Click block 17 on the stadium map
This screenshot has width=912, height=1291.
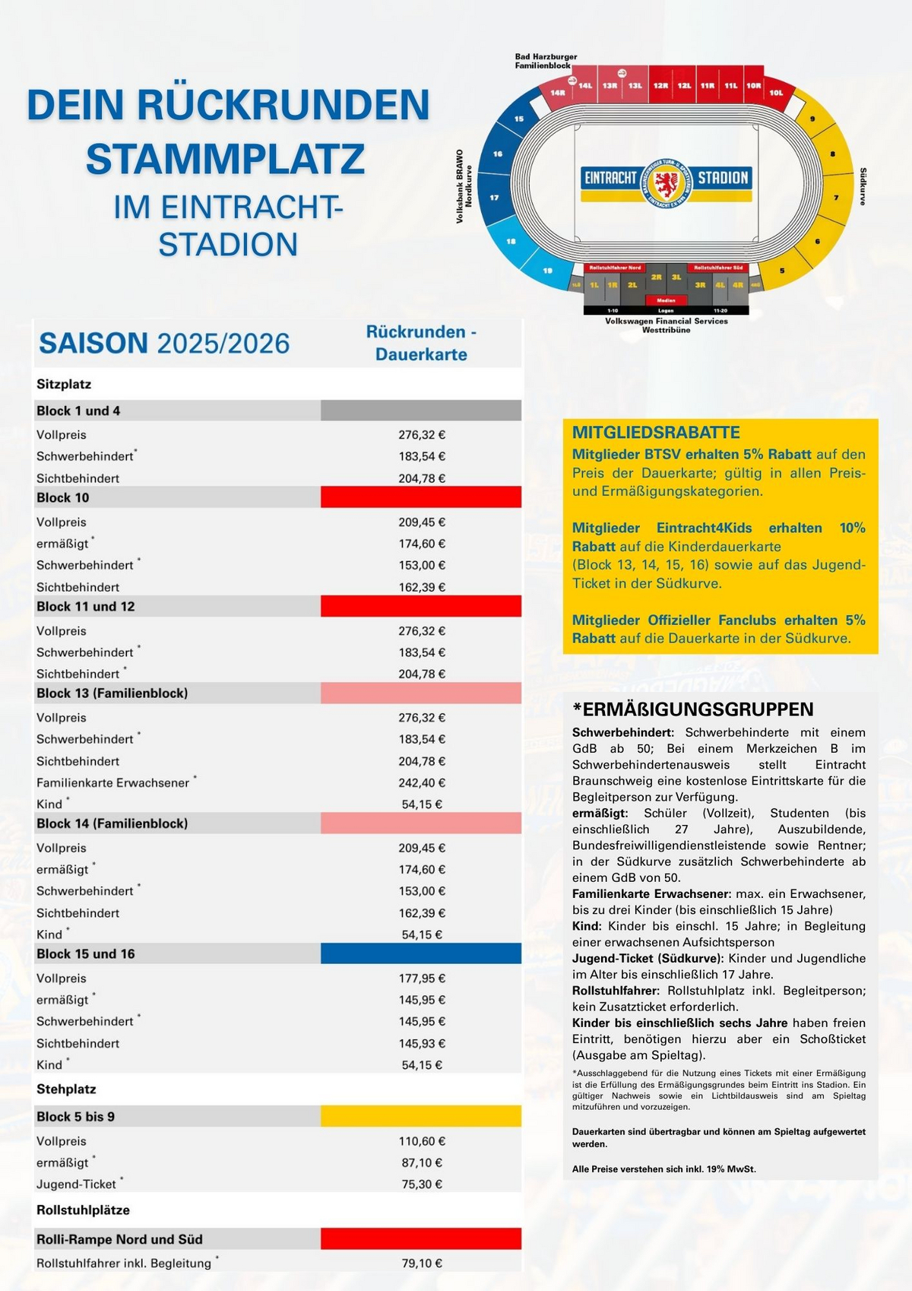(496, 198)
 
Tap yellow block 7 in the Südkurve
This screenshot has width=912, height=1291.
(834, 198)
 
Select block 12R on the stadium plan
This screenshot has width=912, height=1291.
(660, 86)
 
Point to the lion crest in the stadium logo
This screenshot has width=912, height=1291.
(667, 183)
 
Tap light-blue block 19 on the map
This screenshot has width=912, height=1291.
(548, 270)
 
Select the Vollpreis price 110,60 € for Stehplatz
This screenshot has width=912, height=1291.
(422, 1141)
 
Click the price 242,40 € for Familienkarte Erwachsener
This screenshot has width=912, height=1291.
(422, 782)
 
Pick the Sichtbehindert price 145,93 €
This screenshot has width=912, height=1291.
(422, 1043)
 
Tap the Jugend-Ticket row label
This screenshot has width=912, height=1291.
(76, 1184)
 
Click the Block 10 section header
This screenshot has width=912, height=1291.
(63, 498)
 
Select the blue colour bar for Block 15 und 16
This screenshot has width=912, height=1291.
(421, 953)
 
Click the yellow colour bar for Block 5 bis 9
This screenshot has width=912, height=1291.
(421, 1116)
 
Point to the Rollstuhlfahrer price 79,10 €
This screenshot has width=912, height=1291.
(422, 1263)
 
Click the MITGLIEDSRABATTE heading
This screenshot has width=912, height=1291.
(656, 433)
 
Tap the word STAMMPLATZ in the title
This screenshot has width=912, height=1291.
(226, 158)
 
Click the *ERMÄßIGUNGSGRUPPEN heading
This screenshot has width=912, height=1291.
(692, 709)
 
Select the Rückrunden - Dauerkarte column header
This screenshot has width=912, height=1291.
(421, 343)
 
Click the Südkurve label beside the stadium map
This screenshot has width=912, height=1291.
(863, 187)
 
